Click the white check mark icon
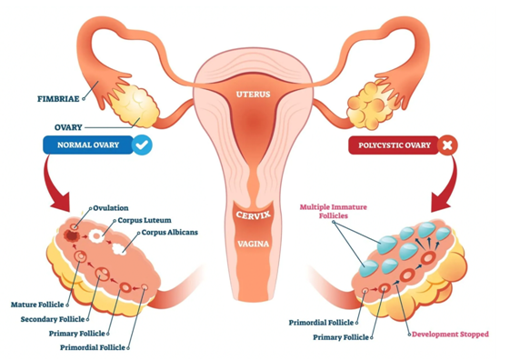(143, 145)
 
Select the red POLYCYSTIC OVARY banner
(392, 145)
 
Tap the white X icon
(446, 145)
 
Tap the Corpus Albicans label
(170, 232)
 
